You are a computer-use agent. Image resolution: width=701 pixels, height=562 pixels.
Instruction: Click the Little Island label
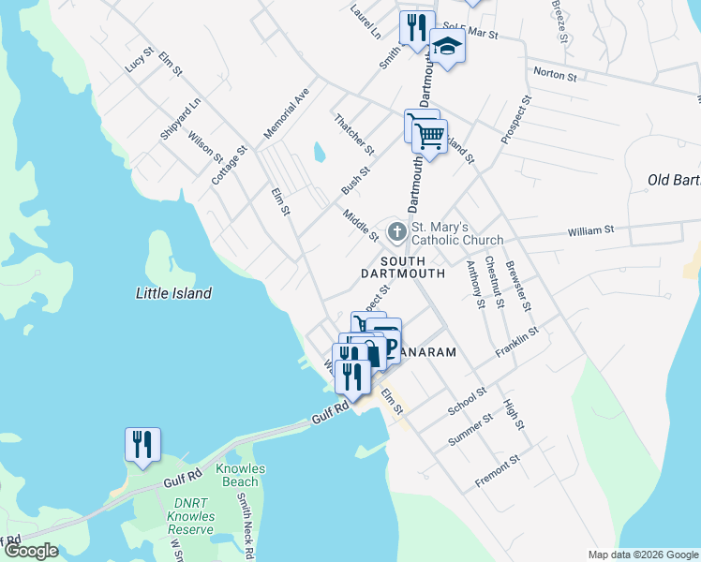[x=174, y=293]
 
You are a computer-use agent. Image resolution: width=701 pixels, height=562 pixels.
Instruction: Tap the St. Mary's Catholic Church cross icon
[x=397, y=230]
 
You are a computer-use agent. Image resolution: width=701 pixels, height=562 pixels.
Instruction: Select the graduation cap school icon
[x=448, y=48]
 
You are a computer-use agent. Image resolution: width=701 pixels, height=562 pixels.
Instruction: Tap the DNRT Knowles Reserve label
[x=191, y=516]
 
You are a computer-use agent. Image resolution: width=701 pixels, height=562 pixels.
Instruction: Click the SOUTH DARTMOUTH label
[x=403, y=267]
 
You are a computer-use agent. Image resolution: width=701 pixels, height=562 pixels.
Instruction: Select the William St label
[x=590, y=229]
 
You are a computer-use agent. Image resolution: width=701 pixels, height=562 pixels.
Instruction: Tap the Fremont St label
[x=497, y=472]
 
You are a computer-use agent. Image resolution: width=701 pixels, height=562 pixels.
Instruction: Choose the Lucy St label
[x=138, y=61]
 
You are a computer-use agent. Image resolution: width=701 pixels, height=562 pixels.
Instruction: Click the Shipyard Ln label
[x=180, y=119]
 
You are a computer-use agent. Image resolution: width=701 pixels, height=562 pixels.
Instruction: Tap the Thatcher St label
[x=354, y=135]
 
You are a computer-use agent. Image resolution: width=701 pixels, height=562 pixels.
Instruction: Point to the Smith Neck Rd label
[x=246, y=527]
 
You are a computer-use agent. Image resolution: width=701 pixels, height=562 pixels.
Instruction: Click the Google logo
[x=30, y=552]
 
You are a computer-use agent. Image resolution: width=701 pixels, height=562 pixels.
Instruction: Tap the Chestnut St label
[x=494, y=281]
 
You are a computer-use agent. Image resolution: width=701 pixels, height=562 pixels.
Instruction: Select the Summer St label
[x=470, y=430]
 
